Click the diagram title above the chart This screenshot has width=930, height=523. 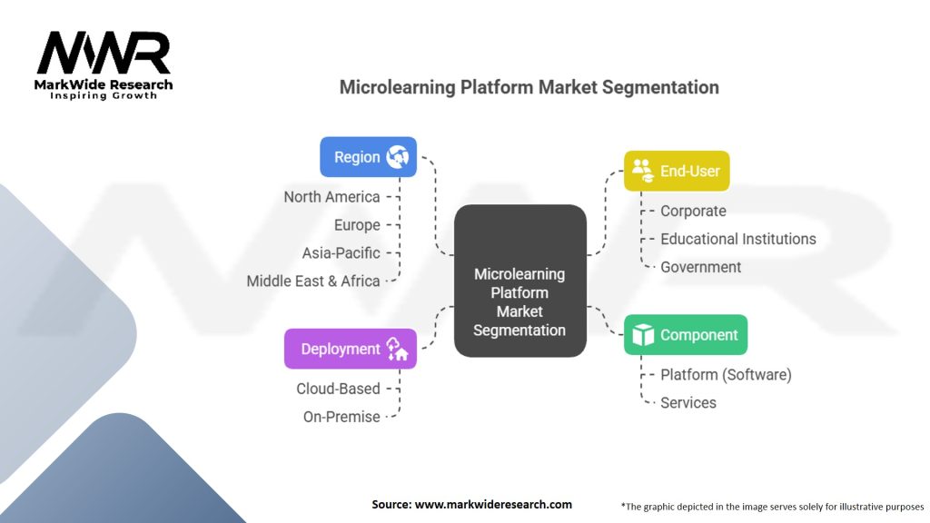(x=529, y=87)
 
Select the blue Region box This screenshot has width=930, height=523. (x=368, y=157)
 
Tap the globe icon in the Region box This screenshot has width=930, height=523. (x=397, y=157)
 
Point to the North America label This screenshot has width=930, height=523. (x=331, y=197)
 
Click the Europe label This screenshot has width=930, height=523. (x=358, y=225)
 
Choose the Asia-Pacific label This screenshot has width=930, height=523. (x=341, y=253)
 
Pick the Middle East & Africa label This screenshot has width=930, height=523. (x=313, y=281)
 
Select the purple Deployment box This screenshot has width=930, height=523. (x=350, y=349)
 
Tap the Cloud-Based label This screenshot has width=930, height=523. (x=338, y=389)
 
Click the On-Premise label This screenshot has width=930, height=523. (x=341, y=417)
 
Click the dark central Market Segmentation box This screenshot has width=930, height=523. (x=519, y=281)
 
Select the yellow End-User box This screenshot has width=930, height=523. (x=677, y=171)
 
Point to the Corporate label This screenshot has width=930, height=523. (x=693, y=212)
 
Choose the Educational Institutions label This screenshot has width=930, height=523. (x=737, y=239)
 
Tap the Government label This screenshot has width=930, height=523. (x=700, y=267)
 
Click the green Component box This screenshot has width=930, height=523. (x=686, y=335)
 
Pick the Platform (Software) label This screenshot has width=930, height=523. (x=726, y=375)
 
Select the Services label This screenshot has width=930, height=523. (x=688, y=402)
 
